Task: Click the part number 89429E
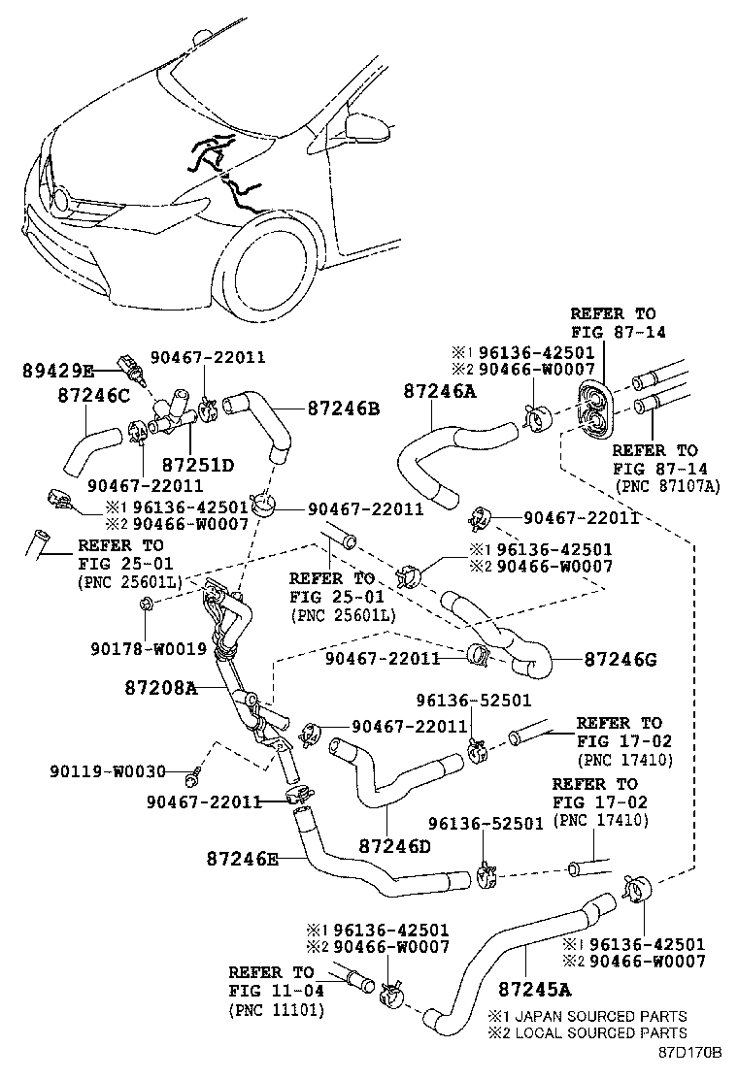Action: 58,370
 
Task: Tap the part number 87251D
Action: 198,465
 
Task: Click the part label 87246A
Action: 440,391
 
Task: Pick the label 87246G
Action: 621,660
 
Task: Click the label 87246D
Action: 394,846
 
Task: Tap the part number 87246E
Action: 243,858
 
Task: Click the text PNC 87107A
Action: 667,486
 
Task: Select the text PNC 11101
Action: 277,1010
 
